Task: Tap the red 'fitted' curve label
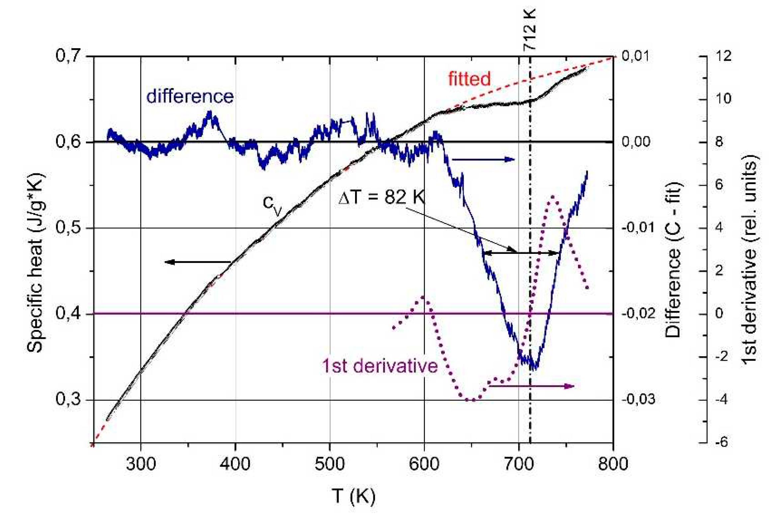[469, 79]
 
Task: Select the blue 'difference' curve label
[190, 97]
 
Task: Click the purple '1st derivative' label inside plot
[380, 366]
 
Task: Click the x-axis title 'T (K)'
[353, 496]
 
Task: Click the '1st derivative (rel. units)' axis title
[750, 260]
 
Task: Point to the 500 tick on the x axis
[330, 464]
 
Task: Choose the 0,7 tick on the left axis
[68, 56]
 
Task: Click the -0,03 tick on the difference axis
[638, 399]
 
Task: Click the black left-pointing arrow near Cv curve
[198, 262]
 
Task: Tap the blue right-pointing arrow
[483, 159]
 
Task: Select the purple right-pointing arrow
[531, 386]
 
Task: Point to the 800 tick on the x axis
[613, 464]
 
